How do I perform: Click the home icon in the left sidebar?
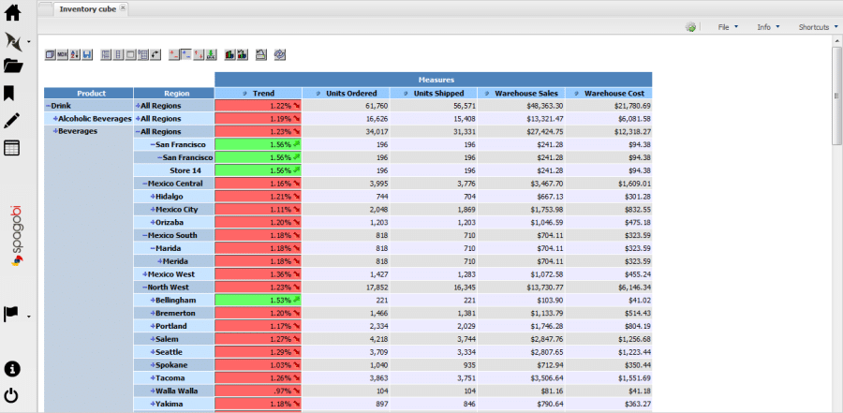click(13, 13)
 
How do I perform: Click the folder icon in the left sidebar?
click(13, 66)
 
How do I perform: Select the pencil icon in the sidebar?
click(12, 121)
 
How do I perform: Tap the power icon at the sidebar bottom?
click(13, 395)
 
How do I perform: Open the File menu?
click(724, 27)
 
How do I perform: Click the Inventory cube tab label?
click(87, 8)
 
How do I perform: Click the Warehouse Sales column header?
click(525, 94)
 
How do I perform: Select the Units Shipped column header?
click(437, 94)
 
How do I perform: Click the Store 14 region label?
click(185, 170)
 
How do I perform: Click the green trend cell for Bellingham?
click(258, 300)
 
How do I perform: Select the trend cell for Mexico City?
click(258, 210)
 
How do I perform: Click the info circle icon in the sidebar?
click(13, 368)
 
